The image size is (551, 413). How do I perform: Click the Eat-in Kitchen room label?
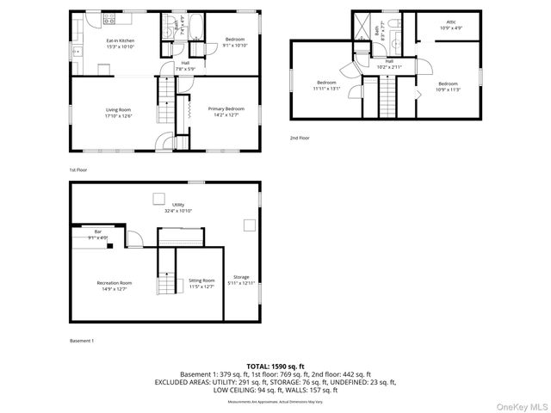120,40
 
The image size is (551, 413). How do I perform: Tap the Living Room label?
118,109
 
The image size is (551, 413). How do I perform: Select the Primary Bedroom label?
226,108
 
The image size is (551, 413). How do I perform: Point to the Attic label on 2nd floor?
450,22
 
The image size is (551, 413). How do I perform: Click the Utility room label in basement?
178,205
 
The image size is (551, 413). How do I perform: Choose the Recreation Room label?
114,282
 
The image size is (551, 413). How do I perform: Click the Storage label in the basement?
241,277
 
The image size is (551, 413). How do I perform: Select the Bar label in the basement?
98,231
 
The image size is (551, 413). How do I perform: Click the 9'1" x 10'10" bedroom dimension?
235,46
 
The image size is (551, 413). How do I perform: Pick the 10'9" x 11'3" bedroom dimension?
448,89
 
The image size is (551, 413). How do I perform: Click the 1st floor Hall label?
186,63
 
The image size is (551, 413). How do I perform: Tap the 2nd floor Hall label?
388,61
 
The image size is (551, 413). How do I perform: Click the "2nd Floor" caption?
300,138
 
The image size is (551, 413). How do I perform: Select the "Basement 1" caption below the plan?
82,341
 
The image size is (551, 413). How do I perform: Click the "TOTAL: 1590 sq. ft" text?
275,367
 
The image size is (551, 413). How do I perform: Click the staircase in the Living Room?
164,102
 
